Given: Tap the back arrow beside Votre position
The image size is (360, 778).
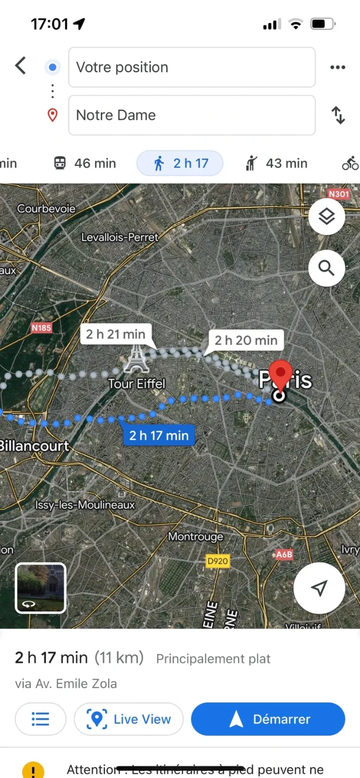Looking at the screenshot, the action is click(x=20, y=66).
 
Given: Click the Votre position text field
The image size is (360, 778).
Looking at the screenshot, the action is click(x=191, y=67).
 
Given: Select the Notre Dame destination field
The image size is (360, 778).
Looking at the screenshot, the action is click(x=191, y=115).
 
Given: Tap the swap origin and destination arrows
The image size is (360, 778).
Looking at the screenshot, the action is click(x=338, y=115).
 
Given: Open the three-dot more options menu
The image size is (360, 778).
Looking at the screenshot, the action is click(x=338, y=67).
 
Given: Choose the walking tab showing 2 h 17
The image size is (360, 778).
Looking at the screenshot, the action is click(x=180, y=164).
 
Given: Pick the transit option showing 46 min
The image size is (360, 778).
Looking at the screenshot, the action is click(x=85, y=164).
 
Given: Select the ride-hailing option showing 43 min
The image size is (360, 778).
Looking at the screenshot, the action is click(x=276, y=164).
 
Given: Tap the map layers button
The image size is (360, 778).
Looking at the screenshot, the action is click(x=327, y=216).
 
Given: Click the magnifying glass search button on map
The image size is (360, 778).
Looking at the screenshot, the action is click(x=327, y=269).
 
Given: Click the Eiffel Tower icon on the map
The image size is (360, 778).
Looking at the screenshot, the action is click(x=136, y=359).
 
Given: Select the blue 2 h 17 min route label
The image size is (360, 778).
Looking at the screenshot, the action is click(x=159, y=435).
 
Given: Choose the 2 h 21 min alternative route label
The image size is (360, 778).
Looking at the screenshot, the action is click(x=116, y=334).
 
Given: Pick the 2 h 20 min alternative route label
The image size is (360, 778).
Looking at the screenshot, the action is click(x=246, y=341).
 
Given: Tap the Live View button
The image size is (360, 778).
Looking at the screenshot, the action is click(x=129, y=720).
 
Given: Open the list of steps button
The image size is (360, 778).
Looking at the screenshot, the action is click(x=40, y=720).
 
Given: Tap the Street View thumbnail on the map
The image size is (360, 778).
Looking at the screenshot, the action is click(x=41, y=588).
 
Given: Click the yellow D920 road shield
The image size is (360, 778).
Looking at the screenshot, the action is click(x=218, y=561).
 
